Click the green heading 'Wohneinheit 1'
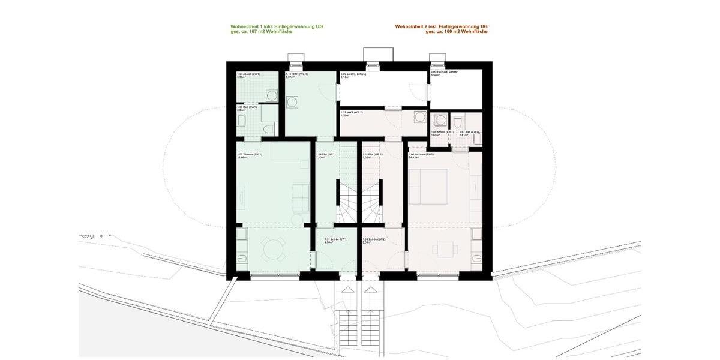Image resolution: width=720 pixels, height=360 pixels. (277, 26)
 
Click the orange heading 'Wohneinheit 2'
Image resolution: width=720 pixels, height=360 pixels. (441, 26)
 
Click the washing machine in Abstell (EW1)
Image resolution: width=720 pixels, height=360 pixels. (272, 95)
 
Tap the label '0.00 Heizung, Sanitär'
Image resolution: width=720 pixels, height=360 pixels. (444, 73)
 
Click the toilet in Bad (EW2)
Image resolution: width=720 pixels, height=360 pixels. (458, 123)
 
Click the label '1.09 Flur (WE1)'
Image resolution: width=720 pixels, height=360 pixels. (325, 155)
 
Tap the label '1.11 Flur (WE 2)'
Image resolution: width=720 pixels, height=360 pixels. (373, 155)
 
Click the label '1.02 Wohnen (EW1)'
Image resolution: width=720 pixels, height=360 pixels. (249, 155)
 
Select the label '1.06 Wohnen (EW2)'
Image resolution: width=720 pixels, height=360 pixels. (421, 155)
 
